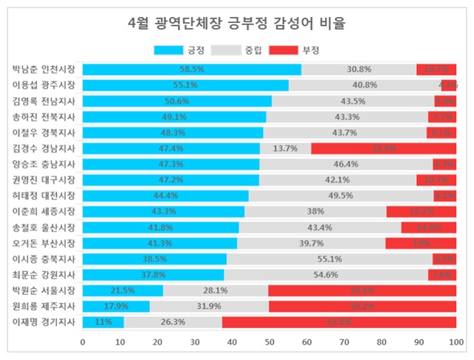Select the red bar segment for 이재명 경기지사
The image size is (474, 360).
coord(339,322)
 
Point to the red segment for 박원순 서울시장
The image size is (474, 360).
coord(362,290)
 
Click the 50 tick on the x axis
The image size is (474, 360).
coord(270,341)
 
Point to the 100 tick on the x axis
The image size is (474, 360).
coord(455,341)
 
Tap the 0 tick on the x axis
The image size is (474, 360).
coord(82,341)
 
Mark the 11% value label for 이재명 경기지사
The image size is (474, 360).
coord(103,322)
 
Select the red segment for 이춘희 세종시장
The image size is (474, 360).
coord(421,211)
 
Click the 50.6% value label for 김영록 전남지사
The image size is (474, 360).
coord(177,101)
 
